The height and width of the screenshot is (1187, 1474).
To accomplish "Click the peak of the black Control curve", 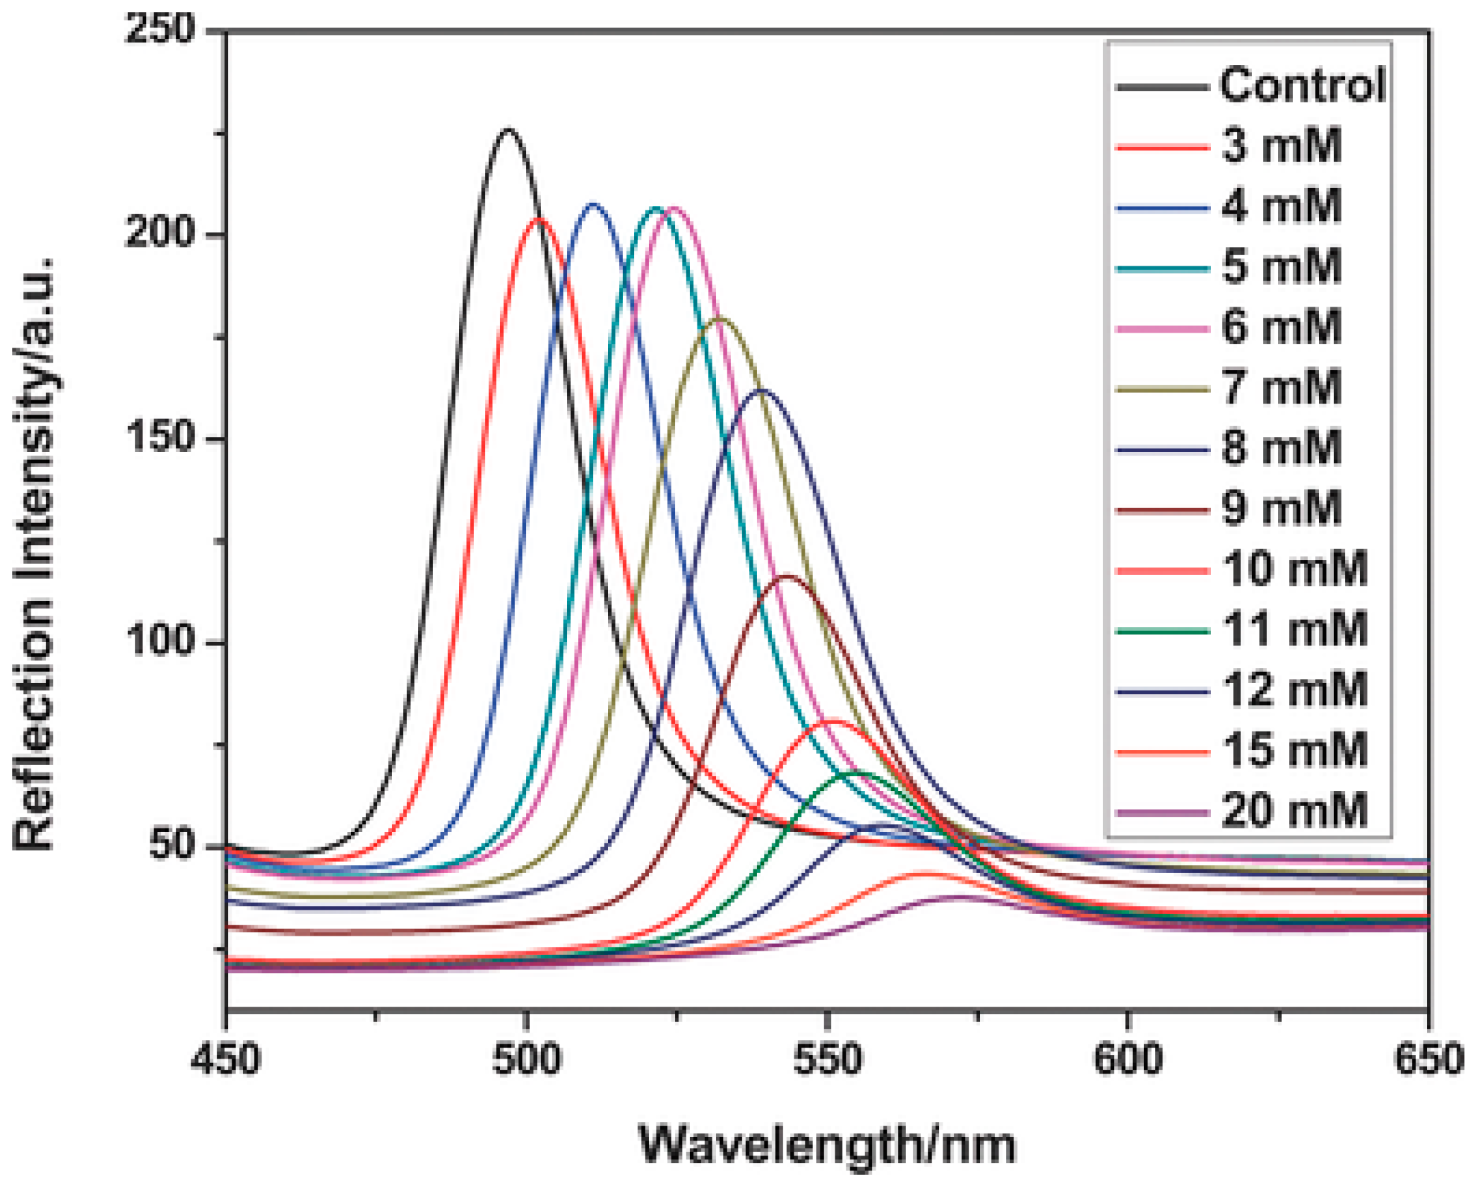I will coord(507,130).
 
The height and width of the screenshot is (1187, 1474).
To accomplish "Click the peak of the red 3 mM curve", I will coord(540,219).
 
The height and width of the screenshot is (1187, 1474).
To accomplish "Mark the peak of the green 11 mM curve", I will coord(854,772).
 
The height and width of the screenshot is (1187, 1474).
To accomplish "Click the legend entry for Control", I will coord(1303,85).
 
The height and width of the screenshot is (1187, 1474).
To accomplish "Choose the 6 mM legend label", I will coord(1281,327).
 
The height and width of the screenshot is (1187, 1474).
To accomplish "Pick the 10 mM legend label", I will coord(1294,569).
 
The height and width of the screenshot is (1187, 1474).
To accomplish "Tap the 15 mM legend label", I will coord(1294,750).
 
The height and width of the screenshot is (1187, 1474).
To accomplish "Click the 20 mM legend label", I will coord(1294,811).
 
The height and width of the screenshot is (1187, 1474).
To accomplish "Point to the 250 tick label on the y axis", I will coord(161,31).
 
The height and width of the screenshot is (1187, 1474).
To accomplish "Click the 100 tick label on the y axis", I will coord(161,643).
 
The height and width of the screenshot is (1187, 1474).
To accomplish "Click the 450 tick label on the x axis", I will coord(226,1059).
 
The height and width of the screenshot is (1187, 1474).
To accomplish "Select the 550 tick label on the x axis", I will coord(827,1059).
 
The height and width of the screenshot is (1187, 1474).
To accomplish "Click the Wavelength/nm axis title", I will coord(827,1144).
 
